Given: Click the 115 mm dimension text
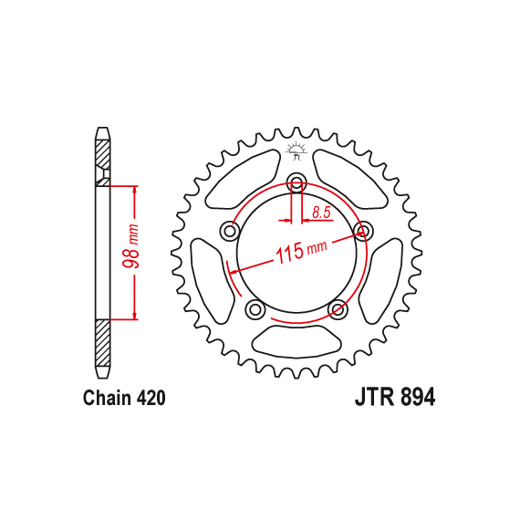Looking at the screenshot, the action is (x=301, y=252).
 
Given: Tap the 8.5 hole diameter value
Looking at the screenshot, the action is (x=321, y=213).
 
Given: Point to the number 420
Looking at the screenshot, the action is (x=151, y=398).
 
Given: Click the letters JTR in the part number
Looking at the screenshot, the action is (x=375, y=397).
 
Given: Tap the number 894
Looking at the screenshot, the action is (x=418, y=397).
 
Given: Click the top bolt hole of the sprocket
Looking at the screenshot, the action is (x=296, y=182).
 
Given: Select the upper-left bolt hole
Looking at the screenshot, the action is (x=230, y=231).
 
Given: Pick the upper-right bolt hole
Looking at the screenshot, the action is (x=363, y=230).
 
